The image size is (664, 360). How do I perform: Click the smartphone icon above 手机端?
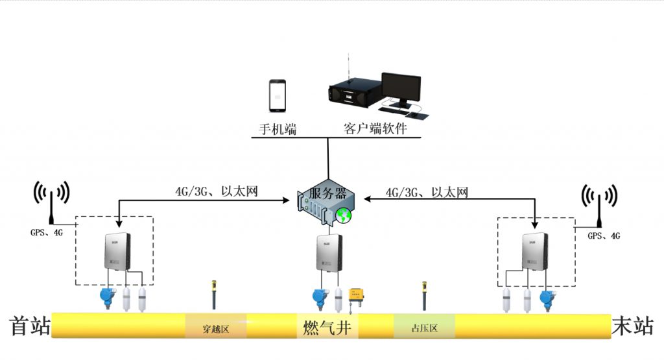[278, 96]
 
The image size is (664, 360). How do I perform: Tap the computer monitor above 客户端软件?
[401, 90]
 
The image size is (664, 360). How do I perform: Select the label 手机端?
[278, 128]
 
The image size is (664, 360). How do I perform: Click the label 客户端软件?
[375, 128]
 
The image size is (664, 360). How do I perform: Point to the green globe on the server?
[344, 215]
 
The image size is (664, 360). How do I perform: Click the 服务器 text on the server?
[327, 193]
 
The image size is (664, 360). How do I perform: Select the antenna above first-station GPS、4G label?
[51, 202]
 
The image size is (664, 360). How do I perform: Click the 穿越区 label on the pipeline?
[215, 329]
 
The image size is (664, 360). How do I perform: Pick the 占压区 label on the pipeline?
[424, 328]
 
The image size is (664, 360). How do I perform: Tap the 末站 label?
[633, 326]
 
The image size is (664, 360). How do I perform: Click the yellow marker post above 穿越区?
[214, 294]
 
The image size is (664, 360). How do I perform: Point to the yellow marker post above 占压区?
[424, 296]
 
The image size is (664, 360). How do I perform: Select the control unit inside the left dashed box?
[117, 252]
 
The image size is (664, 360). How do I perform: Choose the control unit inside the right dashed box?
[535, 252]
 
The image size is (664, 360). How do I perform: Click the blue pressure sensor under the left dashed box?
[108, 298]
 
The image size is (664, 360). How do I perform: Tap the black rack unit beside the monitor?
[351, 95]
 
